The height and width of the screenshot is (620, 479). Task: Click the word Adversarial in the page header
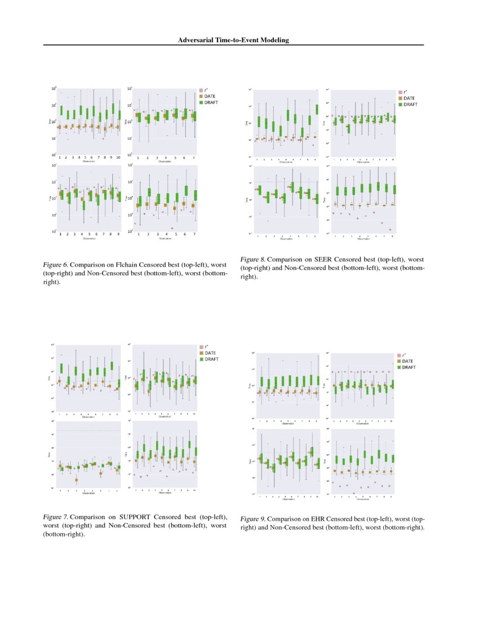[x=196, y=40]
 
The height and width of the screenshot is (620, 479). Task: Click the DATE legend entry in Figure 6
[x=210, y=96]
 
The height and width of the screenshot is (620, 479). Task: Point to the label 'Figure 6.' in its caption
[x=56, y=264]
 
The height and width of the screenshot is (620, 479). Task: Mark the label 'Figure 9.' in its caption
[x=253, y=519]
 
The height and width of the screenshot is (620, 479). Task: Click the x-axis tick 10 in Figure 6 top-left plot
[x=118, y=158]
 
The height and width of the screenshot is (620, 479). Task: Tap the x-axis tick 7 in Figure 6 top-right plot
[x=193, y=158]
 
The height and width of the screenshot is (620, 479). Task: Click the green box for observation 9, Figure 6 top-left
[x=113, y=109]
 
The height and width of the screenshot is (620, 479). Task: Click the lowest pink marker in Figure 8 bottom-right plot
[x=391, y=229]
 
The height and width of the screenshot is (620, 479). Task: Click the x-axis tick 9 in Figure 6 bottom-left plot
[x=118, y=234]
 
